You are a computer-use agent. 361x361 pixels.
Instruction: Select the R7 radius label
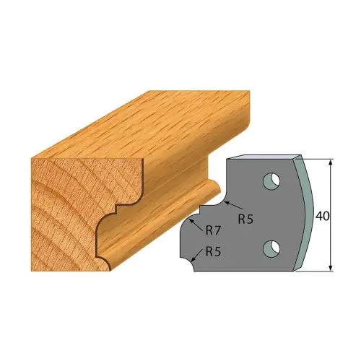pyautogui.click(x=214, y=231)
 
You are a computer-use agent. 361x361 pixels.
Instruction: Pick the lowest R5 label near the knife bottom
pyautogui.click(x=213, y=252)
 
